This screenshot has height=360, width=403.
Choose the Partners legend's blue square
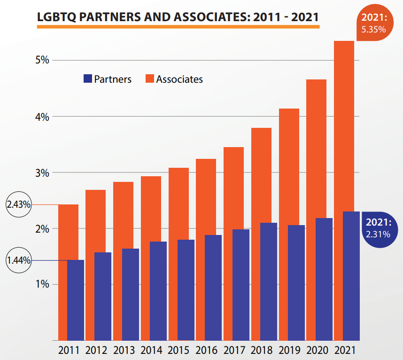click(87, 79)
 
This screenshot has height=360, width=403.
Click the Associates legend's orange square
click(149, 79)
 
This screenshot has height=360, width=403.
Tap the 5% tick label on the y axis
click(42, 60)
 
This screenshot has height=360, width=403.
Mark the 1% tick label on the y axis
click(42, 284)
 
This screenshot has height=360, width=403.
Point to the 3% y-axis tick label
click(42, 172)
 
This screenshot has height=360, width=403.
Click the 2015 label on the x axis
click(179, 350)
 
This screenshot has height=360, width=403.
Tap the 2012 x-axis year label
click(96, 350)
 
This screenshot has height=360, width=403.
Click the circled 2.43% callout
click(19, 205)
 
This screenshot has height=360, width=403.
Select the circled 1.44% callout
click(19, 260)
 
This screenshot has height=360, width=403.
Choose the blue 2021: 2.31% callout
click(379, 228)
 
